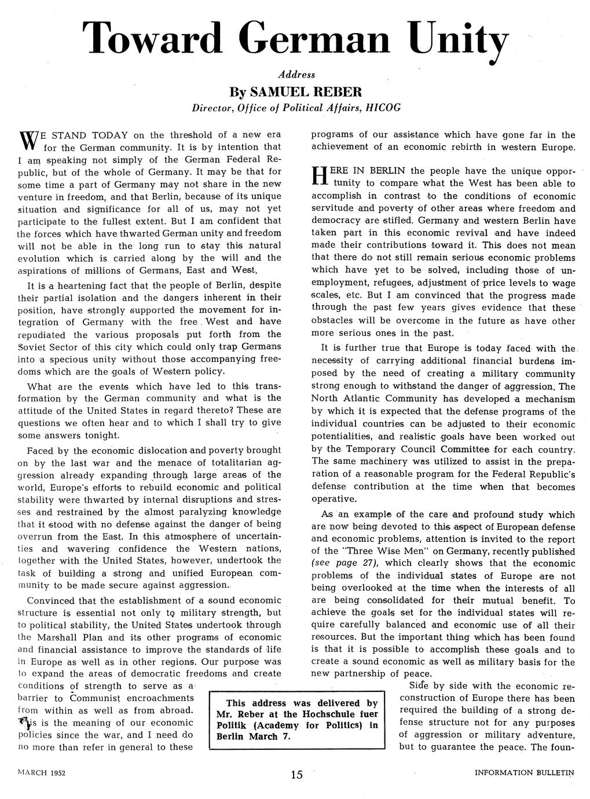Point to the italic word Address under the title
(x=296, y=75)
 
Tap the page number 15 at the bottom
(x=296, y=775)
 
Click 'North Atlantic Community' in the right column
(x=375, y=399)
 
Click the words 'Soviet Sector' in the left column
(x=48, y=347)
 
